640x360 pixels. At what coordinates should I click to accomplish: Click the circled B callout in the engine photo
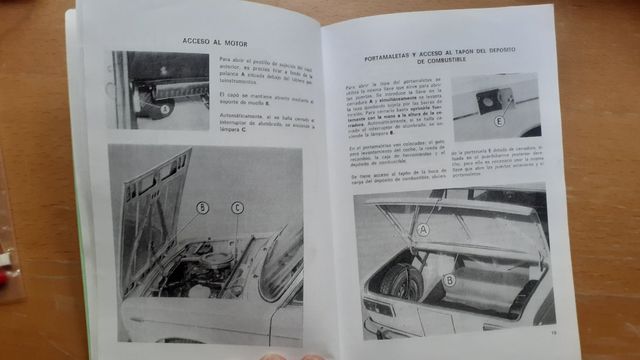point(202,208)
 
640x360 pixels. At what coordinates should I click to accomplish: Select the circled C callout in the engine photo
point(237,208)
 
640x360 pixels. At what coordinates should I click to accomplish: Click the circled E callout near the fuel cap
point(499,121)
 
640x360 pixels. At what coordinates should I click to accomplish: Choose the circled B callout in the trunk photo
point(451,280)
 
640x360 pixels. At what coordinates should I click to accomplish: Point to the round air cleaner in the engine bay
point(215,263)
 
